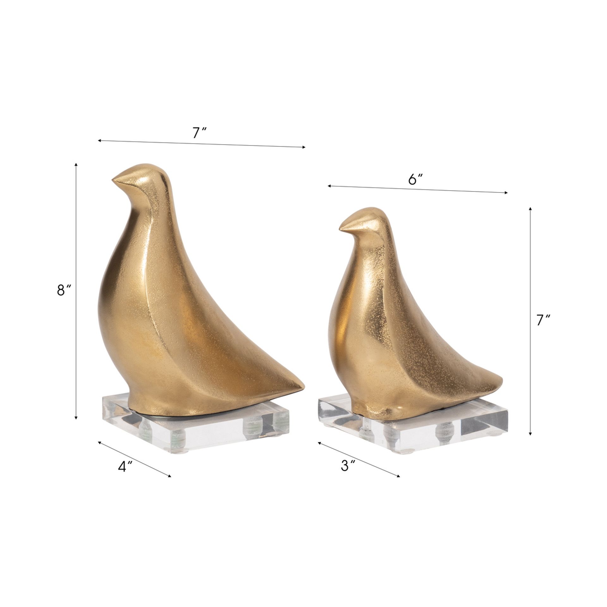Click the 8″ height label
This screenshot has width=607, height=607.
(x=65, y=290)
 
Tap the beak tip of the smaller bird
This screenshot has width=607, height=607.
(x=339, y=228)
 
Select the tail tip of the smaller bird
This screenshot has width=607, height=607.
(x=502, y=377)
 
